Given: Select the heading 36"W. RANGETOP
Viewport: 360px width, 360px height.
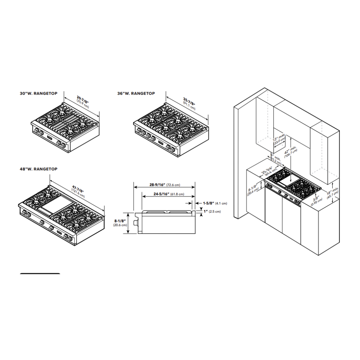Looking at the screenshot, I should click(136, 93).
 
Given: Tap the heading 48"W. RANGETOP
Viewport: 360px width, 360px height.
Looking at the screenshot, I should click(38, 169).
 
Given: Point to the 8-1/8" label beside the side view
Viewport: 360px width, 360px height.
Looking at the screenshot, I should click(121, 222).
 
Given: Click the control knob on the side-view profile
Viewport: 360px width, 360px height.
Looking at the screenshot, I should click(136, 223).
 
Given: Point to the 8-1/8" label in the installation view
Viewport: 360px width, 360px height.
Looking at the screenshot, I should click(252, 189).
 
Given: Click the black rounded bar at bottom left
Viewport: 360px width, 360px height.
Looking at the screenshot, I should click(40, 274).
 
